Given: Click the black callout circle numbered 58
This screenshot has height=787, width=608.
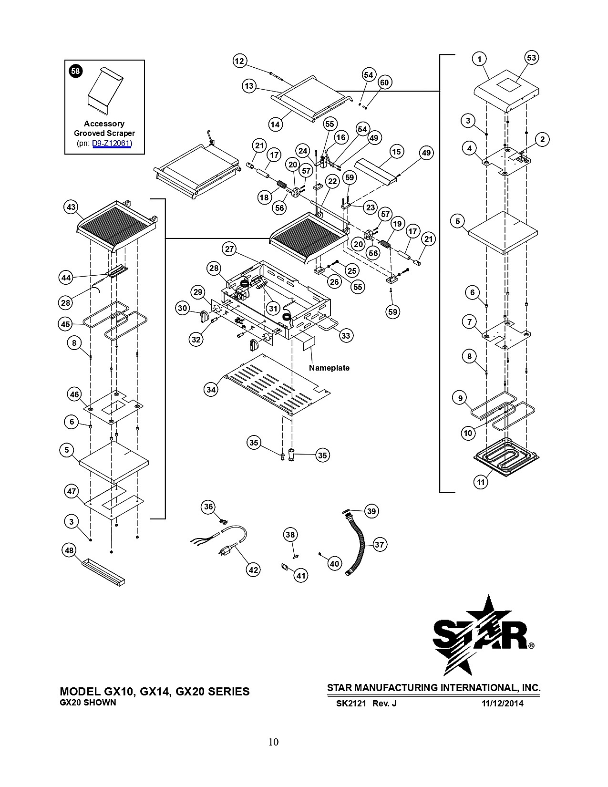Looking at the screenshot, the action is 75,71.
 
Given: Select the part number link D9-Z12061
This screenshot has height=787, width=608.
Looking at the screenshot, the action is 112,144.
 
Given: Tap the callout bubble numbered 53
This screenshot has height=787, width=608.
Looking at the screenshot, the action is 532,58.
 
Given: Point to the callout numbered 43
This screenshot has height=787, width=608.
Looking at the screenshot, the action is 71,207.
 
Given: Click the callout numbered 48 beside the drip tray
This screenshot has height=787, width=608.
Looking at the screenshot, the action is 69,550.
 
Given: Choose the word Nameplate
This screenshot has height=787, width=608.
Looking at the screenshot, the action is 329,368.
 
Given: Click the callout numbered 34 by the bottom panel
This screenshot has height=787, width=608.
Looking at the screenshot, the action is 211,390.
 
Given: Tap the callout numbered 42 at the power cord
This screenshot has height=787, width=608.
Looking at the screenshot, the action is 253,570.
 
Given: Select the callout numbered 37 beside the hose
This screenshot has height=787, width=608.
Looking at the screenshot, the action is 379,544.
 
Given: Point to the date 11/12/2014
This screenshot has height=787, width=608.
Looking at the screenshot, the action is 502,704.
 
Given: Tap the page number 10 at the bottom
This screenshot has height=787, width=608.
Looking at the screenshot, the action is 273,742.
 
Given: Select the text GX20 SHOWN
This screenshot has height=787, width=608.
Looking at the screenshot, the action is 88,703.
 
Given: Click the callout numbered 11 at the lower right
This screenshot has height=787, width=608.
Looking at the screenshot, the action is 481,482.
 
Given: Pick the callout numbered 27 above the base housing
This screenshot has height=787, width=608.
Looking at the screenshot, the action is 229,249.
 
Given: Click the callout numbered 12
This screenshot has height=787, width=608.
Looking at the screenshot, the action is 239,61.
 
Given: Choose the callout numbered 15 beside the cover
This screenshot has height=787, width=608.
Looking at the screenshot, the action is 397,152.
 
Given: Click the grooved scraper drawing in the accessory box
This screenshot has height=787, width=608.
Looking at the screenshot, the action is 105,91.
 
